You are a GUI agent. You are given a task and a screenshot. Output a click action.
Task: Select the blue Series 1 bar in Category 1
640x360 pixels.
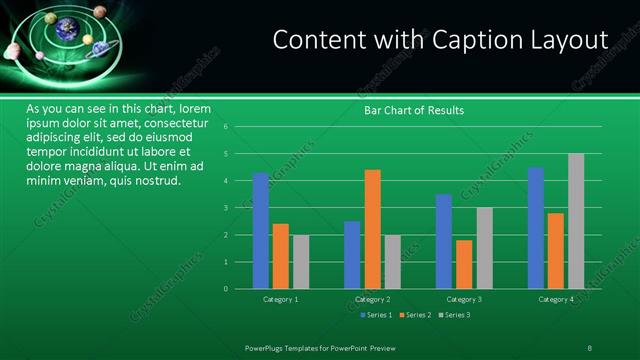click(x=260, y=231)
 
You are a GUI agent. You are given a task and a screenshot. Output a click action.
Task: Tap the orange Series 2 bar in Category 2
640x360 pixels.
click(x=372, y=229)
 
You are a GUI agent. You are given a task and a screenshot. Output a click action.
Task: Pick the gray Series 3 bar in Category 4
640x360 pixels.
click(x=576, y=221)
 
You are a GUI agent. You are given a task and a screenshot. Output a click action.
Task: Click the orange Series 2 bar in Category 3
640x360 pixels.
click(x=464, y=264)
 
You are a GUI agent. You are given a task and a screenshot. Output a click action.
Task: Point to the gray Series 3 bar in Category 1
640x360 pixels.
click(x=300, y=262)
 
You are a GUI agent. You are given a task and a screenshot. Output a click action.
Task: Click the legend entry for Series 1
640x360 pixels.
click(x=375, y=315)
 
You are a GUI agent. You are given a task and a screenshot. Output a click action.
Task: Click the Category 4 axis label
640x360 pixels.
click(x=556, y=299)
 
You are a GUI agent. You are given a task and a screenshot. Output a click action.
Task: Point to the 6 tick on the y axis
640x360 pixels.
click(x=240, y=127)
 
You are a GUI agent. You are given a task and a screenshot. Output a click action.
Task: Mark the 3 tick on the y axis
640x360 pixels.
click(x=240, y=208)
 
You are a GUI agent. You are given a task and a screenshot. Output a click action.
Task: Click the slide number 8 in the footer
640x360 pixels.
click(x=589, y=347)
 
